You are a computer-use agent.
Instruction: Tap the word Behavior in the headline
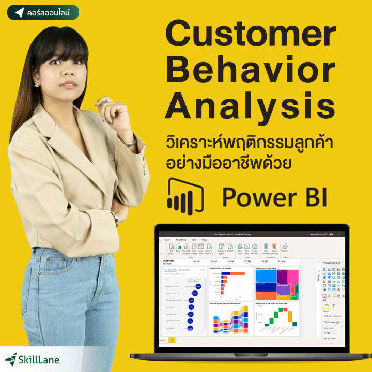[x=250, y=71]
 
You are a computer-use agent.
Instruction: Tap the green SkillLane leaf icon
[x=11, y=359]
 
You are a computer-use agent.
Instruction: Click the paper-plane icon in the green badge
[x=20, y=12]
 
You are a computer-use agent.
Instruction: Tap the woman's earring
[x=37, y=84]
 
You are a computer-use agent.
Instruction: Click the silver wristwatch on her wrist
[x=130, y=143]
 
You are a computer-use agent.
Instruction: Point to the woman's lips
[x=68, y=84]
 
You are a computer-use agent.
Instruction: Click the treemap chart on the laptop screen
[x=276, y=283]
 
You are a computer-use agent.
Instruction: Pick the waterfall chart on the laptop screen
[x=276, y=319]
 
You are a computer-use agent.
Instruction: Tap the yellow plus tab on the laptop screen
[x=172, y=340]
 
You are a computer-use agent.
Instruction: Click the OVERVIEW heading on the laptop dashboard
[x=169, y=261]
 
